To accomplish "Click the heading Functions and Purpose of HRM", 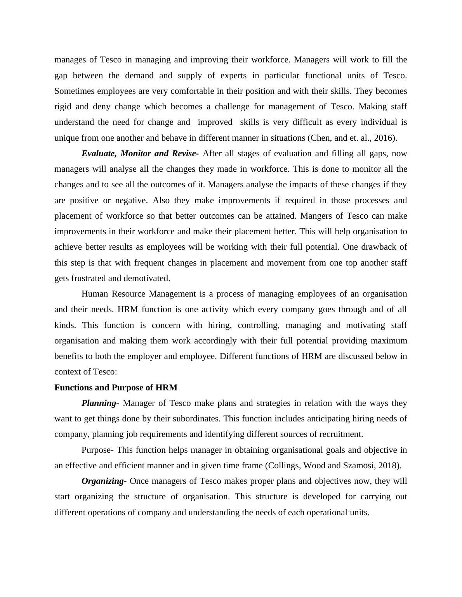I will click(x=116, y=387).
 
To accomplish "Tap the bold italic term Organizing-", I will click(x=104, y=481).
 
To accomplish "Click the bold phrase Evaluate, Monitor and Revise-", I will click(x=140, y=153).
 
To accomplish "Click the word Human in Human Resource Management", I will click(x=95, y=293).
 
